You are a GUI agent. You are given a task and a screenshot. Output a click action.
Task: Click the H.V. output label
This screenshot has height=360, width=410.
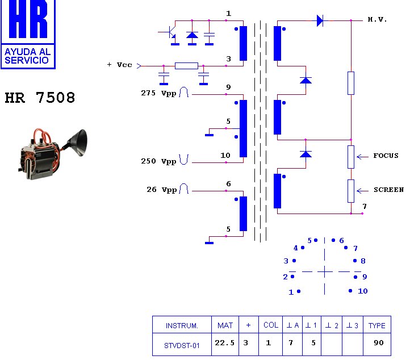coord(377,20)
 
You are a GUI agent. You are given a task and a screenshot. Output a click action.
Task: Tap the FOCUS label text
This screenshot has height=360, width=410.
coord(386,156)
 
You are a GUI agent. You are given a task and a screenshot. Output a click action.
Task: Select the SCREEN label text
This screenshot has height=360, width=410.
coord(388,190)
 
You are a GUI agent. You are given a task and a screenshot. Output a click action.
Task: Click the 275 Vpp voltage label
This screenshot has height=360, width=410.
coord(158,93)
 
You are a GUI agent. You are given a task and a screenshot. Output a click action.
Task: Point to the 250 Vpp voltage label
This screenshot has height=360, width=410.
coord(158,161)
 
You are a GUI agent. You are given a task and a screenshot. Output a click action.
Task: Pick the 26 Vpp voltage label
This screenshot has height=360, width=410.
coord(161,190)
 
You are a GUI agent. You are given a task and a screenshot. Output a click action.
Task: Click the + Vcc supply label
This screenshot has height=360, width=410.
coord(119,65)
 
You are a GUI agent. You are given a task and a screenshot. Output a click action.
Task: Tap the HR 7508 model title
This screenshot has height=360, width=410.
coord(40,98)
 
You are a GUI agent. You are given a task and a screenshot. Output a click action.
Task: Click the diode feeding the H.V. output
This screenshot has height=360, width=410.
coord(320,21)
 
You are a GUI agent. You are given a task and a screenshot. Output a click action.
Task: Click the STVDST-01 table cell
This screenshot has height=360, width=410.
coord(182,345)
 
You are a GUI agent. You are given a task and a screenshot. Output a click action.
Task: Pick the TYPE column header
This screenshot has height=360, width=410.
coord(376,325)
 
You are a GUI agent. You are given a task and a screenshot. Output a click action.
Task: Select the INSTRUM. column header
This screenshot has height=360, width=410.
coord(182,325)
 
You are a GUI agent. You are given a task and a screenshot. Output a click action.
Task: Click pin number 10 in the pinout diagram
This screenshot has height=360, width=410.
coord(362,291)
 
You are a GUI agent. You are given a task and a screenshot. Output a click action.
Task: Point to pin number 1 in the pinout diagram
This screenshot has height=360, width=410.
coord(291,292)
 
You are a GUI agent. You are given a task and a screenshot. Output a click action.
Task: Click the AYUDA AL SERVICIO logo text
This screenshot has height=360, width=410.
coord(27,56)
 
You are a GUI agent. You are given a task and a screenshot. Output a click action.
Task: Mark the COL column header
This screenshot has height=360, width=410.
coord(271,325)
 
